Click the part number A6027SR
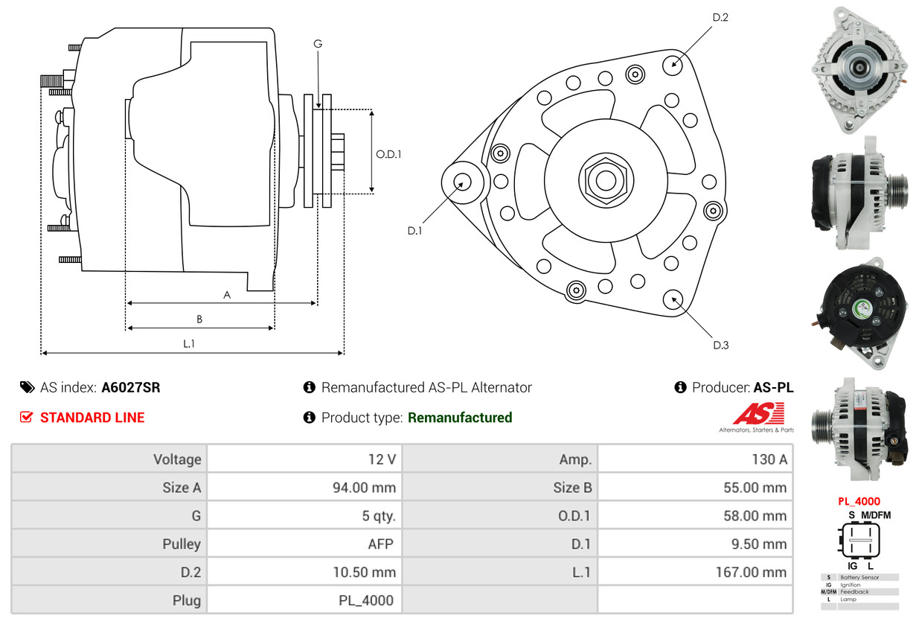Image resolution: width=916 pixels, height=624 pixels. (x=130, y=387)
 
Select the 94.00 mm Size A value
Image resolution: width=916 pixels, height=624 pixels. (x=364, y=487)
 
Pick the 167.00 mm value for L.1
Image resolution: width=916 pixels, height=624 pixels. (x=751, y=572)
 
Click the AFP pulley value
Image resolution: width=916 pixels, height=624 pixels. (x=380, y=544)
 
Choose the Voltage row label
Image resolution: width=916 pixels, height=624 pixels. (x=177, y=459)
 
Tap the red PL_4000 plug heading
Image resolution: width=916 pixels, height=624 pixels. (x=859, y=501)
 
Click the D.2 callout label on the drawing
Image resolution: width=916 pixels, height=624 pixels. (x=720, y=17)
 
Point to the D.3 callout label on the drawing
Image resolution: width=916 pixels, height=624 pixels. (x=720, y=345)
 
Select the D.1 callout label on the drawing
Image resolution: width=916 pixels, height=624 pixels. (x=414, y=231)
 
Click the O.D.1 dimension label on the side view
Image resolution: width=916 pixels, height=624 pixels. (x=388, y=154)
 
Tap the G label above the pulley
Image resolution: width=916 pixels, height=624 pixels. (x=318, y=44)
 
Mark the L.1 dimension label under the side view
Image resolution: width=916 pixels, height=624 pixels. (x=188, y=344)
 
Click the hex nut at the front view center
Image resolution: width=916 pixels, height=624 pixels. (x=606, y=180)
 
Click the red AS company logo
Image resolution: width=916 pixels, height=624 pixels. (x=758, y=414)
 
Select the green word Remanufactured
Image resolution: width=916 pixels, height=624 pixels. (x=460, y=417)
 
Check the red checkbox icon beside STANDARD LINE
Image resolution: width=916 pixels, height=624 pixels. (x=26, y=417)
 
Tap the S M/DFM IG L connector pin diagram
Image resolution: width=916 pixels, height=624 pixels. (x=859, y=541)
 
